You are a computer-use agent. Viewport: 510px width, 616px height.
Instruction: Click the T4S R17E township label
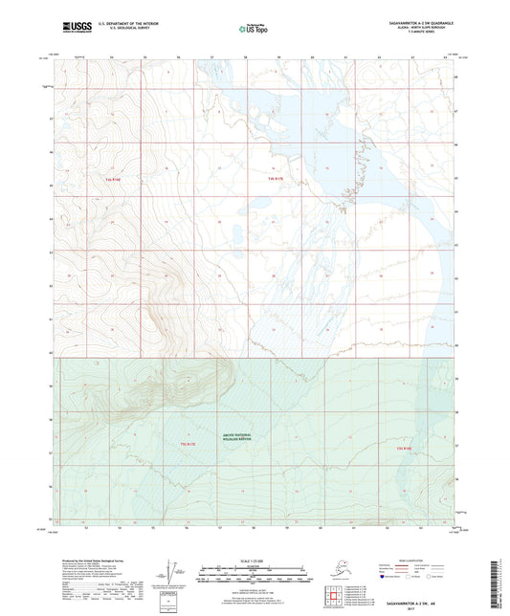(276, 179)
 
